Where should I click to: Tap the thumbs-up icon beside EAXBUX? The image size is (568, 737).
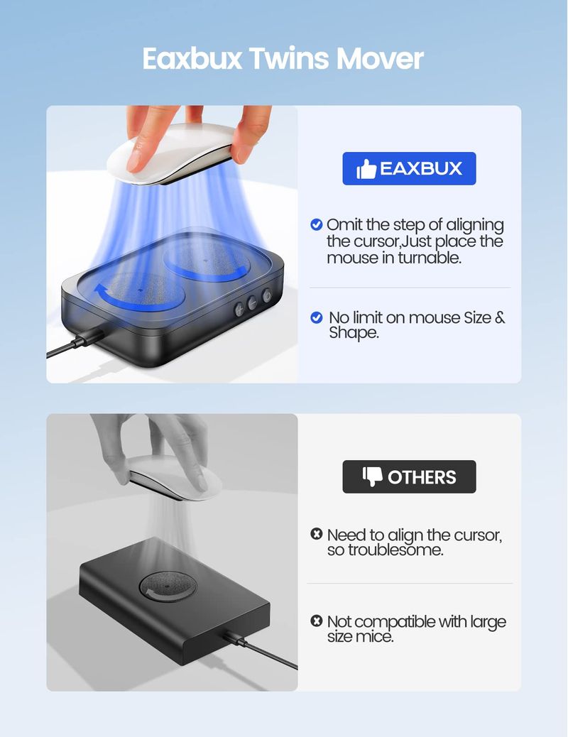pos(366,169)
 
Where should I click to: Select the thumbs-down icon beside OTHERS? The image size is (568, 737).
pos(372,476)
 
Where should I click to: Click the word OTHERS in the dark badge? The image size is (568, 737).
pos(422,477)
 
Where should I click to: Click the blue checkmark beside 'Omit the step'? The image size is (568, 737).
pos(317,224)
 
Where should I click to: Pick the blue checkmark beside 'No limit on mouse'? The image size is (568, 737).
pos(317,318)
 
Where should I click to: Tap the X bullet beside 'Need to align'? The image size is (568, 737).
pos(317,534)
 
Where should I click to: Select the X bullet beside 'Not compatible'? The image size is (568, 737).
pos(317,621)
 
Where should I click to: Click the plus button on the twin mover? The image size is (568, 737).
pos(239,310)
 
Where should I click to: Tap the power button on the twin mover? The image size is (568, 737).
pos(267,295)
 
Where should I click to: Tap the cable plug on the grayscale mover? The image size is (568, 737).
pos(235,638)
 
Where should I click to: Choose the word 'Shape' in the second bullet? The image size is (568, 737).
pos(354,333)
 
